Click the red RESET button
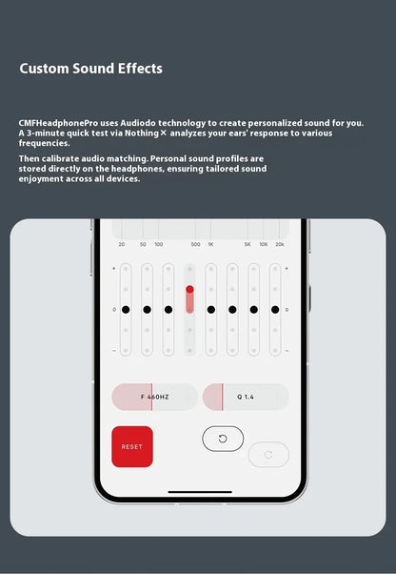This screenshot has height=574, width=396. [132, 446]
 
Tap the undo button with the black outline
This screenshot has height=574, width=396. [223, 439]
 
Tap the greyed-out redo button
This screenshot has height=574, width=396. [268, 455]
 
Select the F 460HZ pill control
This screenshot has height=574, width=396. [154, 397]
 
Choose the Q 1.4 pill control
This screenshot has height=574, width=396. [246, 397]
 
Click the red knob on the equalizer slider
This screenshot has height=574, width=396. [189, 289]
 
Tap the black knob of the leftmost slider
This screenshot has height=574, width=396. [126, 309]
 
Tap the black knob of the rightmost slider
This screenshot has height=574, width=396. [275, 309]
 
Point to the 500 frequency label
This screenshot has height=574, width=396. [195, 245]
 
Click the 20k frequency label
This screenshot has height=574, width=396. [279, 245]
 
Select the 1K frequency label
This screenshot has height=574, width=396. [211, 245]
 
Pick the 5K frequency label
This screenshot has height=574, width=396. [247, 245]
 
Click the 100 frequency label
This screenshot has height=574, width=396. [158, 245]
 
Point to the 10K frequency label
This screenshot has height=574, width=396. [263, 245]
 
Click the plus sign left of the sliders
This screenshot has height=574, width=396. [114, 269]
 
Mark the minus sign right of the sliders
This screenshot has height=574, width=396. [287, 350]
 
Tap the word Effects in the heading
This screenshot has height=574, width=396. [138, 69]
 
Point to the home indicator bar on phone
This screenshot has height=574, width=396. [200, 493]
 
